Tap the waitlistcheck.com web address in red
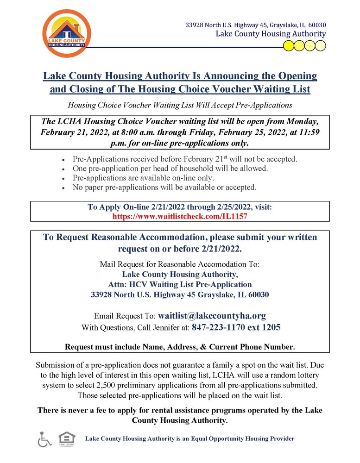pos(180,217)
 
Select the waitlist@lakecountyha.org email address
pos(212,316)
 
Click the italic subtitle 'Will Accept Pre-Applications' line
pos(180,105)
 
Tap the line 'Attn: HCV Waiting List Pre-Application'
pos(180,284)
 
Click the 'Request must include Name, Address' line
pos(180,346)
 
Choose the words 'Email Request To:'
pos(124,317)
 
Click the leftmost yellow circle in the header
pos(288,45)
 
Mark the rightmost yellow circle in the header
pos(321,45)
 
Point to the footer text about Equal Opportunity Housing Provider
pos(190,438)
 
